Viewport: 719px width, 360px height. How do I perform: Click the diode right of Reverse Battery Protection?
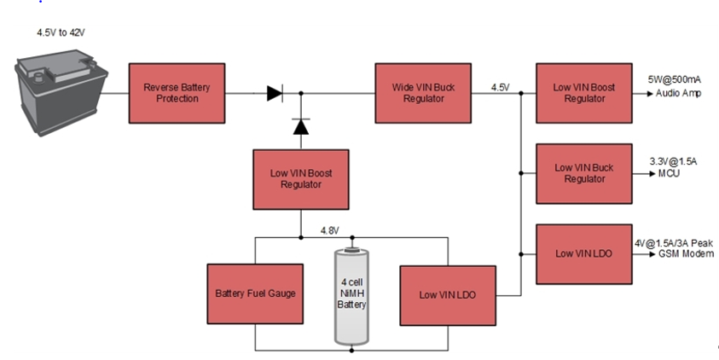click(275, 93)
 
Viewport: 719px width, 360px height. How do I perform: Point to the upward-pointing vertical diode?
click(300, 126)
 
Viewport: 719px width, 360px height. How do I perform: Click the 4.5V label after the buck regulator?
click(500, 87)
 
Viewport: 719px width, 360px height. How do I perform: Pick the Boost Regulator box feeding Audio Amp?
click(584, 92)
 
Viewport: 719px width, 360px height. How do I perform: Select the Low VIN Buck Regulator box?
click(584, 172)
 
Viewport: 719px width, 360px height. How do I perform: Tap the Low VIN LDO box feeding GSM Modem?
click(584, 253)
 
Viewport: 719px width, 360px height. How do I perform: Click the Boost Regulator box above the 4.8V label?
click(300, 178)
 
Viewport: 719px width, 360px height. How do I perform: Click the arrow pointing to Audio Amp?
click(641, 92)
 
